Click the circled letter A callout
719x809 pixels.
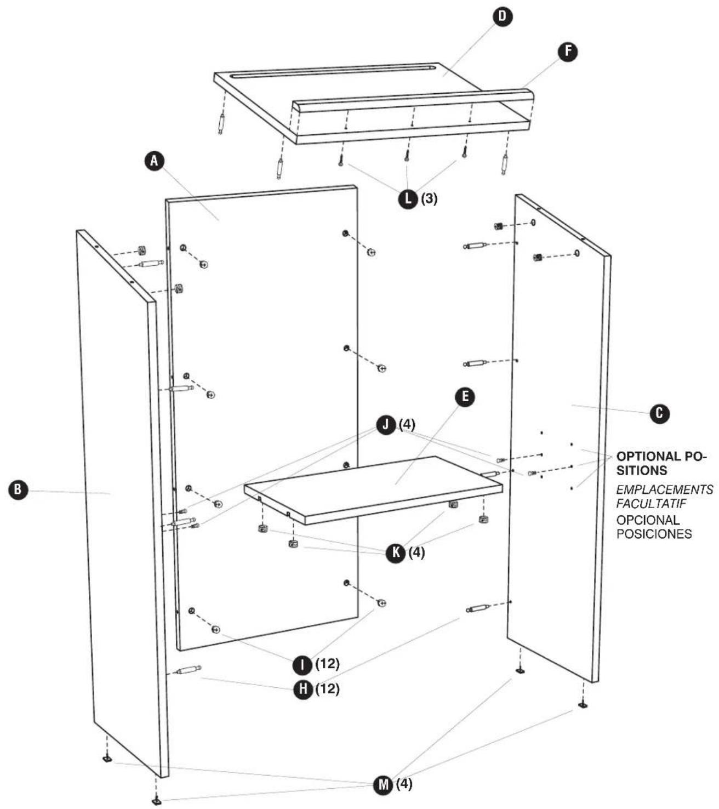click(154, 161)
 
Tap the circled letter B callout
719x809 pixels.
click(18, 489)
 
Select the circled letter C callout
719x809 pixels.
click(659, 414)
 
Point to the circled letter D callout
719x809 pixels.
click(502, 16)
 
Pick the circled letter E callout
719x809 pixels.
click(465, 397)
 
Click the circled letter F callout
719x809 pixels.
click(568, 52)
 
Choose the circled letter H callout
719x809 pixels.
click(304, 690)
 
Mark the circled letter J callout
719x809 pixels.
click(386, 425)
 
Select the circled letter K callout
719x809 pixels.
click(396, 553)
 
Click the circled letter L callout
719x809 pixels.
click(408, 198)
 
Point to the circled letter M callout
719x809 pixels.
click(383, 785)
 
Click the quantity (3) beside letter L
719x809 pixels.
click(430, 198)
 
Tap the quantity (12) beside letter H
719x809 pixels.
click(327, 689)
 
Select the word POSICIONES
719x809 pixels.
click(654, 534)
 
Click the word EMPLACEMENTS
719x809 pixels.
click(665, 489)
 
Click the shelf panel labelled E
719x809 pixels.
click(374, 489)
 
